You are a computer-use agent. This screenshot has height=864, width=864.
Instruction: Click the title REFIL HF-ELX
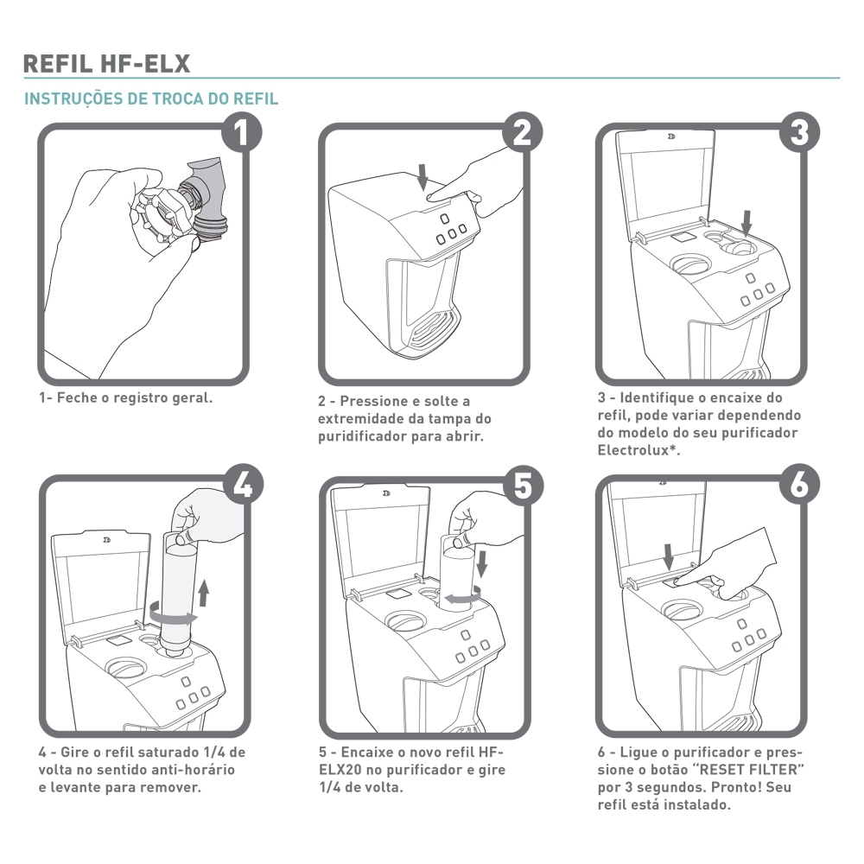coord(106,64)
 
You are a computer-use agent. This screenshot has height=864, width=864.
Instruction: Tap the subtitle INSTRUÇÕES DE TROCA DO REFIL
coord(151,98)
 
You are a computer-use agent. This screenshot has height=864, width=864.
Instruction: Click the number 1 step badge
coord(242,133)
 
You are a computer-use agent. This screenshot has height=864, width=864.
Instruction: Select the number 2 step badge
coord(523,133)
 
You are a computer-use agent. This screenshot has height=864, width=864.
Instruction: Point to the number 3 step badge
coord(799,133)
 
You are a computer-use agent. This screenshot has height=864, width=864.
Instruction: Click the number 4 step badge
coord(243,486)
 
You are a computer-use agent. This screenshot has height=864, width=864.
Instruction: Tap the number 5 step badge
coord(523,486)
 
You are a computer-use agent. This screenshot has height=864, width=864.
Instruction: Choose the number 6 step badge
coord(799,486)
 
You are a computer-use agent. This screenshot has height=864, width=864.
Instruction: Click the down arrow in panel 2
coord(422,176)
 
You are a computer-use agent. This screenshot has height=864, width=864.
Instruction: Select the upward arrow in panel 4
coord(204,593)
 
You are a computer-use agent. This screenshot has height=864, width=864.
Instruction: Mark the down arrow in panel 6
coord(669,557)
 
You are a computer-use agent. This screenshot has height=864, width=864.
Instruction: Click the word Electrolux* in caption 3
coord(639,450)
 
